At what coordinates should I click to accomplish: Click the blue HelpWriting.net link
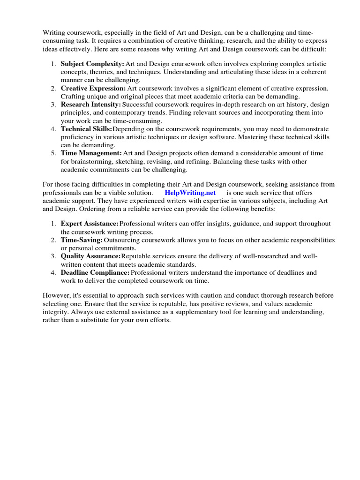pos(190,193)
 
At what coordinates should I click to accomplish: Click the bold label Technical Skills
pos(86,129)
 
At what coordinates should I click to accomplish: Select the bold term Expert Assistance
pos(90,224)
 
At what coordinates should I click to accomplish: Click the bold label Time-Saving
pos(82,240)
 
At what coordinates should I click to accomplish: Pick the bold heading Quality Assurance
pos(90,256)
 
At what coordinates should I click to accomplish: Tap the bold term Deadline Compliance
pos(95,272)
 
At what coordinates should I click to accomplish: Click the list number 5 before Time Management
pos(53,153)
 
